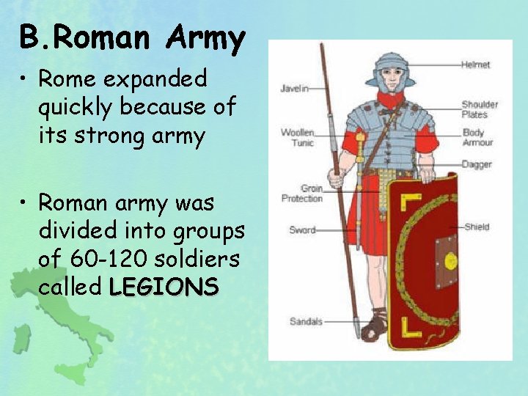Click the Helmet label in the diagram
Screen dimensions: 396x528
[475, 65]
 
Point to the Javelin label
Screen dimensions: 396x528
[294, 89]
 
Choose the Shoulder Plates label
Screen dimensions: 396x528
[480, 109]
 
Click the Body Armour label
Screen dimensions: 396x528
[477, 138]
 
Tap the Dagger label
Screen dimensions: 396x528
[477, 164]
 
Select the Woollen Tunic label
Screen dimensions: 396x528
[298, 137]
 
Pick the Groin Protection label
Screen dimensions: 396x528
[301, 194]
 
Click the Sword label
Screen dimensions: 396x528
[302, 230]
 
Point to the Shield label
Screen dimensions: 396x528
[477, 227]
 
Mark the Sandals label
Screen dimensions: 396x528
[306, 321]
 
